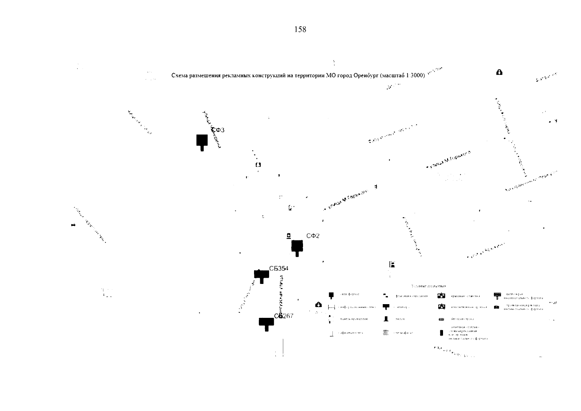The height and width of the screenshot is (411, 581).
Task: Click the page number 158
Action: coord(300,30)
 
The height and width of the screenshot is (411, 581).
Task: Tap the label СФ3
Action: coord(218,130)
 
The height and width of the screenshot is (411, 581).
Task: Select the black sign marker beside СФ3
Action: coord(202,141)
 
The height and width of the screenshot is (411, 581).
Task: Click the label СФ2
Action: coord(313,236)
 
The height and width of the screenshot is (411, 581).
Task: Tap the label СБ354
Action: coord(278,269)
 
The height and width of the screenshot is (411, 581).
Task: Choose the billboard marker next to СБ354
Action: coord(262,275)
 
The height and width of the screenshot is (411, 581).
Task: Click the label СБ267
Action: coord(284,316)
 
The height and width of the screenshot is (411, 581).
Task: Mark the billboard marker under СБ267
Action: coord(266,323)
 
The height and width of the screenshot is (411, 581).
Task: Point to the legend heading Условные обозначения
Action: coord(428,286)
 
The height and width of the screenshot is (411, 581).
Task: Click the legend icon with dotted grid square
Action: coord(386,332)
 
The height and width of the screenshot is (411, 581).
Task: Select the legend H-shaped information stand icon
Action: coord(331,307)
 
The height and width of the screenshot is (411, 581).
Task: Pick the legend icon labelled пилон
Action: coord(386,319)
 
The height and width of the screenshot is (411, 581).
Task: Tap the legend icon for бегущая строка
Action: coord(441,320)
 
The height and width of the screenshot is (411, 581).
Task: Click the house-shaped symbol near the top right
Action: coord(499,72)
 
